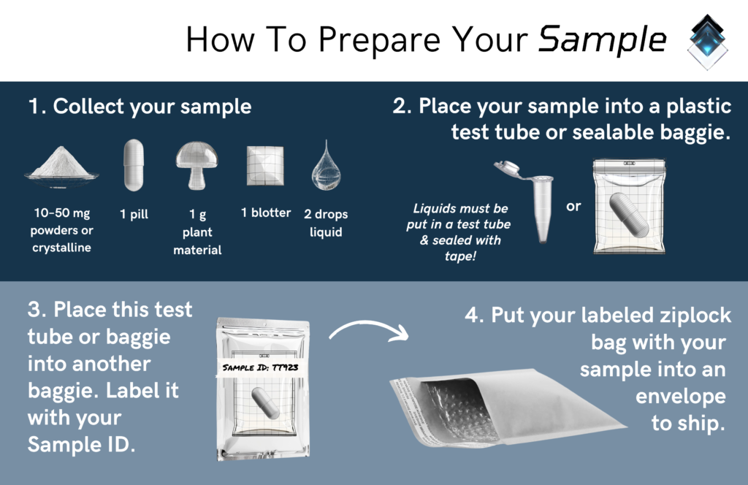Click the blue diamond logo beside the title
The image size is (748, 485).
(x=708, y=41)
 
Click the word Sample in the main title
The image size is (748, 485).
(x=602, y=40)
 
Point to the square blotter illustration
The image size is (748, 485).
(x=265, y=167)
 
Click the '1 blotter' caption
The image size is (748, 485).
(x=266, y=213)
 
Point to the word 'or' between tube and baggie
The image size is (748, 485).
(x=574, y=207)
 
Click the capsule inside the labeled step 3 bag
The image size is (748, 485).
(x=264, y=402)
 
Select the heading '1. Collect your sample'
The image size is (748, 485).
(x=140, y=107)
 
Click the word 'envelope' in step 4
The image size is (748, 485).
(x=680, y=396)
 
